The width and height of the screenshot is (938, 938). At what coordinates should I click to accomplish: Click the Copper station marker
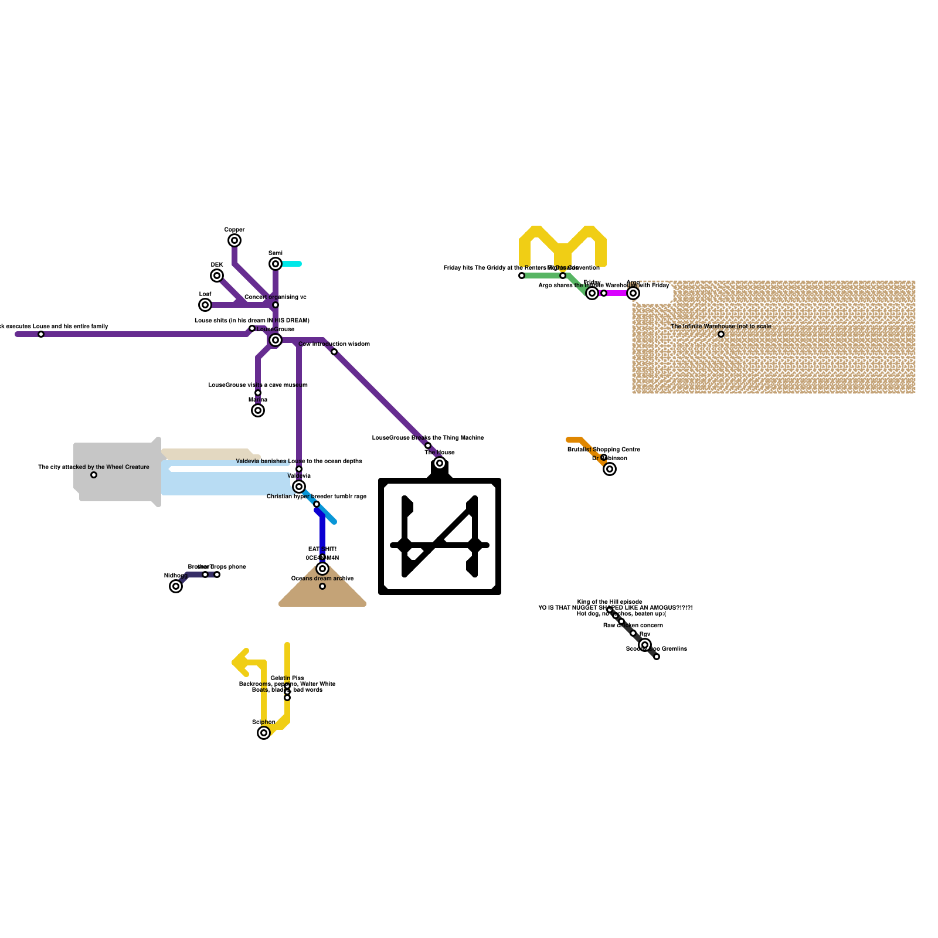pos(235,240)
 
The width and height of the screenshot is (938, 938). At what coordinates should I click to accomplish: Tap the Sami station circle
pos(276,264)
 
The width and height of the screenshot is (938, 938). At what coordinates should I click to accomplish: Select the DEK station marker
pos(217,276)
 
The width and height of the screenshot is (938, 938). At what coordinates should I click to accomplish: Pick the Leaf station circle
pos(205,305)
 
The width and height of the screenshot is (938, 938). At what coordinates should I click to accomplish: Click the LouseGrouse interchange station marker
pos(276,340)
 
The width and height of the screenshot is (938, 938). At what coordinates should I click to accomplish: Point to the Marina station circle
pos(258,410)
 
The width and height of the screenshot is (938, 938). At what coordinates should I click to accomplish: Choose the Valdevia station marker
pos(299,487)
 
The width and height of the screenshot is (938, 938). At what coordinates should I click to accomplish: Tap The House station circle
pos(440,463)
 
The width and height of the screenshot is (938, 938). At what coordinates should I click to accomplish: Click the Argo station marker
pos(633,293)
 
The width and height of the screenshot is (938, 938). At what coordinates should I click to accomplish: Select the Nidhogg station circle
pos(176,586)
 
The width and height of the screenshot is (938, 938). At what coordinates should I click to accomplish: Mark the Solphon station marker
pos(264,733)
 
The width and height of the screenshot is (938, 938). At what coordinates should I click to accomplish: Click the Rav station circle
pos(645,645)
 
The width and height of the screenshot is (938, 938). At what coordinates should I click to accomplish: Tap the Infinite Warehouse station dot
pos(721,334)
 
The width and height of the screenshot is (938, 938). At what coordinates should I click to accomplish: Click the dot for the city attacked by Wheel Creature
pos(94,475)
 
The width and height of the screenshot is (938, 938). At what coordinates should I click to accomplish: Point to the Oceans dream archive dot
pos(322,586)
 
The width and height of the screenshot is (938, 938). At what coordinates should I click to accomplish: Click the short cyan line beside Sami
pos(292,264)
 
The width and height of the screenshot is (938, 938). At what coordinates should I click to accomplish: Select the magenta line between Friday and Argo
pos(617,293)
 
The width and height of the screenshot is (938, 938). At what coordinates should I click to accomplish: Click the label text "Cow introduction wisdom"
pos(334,344)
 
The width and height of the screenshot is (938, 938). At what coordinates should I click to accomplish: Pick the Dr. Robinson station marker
pos(610,469)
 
